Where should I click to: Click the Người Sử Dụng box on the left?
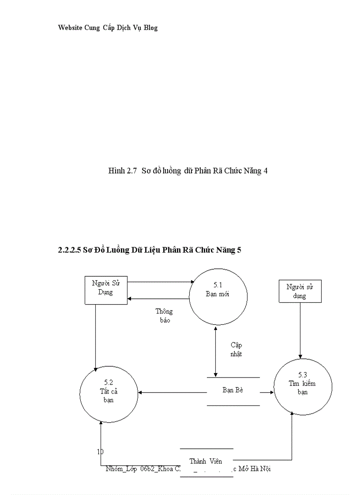tap(105, 290)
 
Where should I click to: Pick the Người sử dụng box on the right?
tap(300, 291)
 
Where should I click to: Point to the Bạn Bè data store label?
tap(233, 390)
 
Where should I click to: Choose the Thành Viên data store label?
tap(206, 461)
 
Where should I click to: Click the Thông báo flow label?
tap(164, 316)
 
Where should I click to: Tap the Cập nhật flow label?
tap(236, 350)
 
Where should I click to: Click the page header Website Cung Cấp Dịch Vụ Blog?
tap(108, 28)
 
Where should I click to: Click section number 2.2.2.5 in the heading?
tap(69, 250)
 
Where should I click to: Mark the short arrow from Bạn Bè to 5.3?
tap(266, 392)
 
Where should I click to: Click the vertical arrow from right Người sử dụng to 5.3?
tap(300, 331)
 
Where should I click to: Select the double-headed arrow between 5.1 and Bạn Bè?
tap(215, 351)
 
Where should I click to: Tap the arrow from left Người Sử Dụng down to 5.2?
tap(95, 335)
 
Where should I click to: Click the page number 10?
tap(100, 451)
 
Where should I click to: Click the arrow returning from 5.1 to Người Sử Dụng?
tap(159, 299)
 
